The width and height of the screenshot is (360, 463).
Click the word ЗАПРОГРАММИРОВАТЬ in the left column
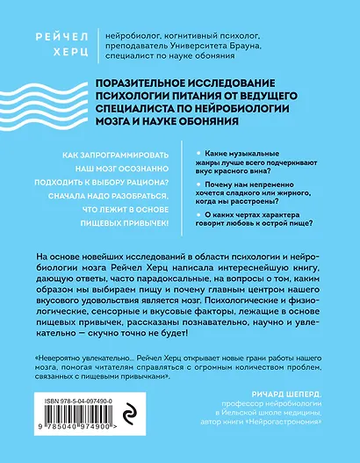(129, 155)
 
